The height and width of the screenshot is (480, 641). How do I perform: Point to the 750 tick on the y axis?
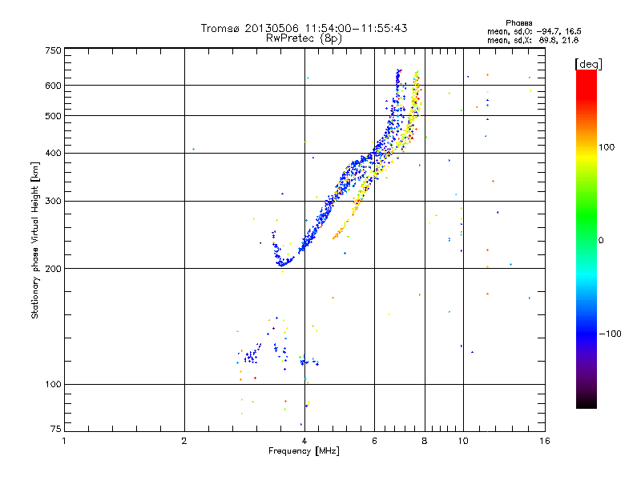[53, 50]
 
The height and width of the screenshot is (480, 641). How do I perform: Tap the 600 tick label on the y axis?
[53, 86]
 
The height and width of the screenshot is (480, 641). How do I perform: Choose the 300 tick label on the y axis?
[53, 201]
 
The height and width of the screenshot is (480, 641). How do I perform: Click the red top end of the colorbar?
[586, 74]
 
